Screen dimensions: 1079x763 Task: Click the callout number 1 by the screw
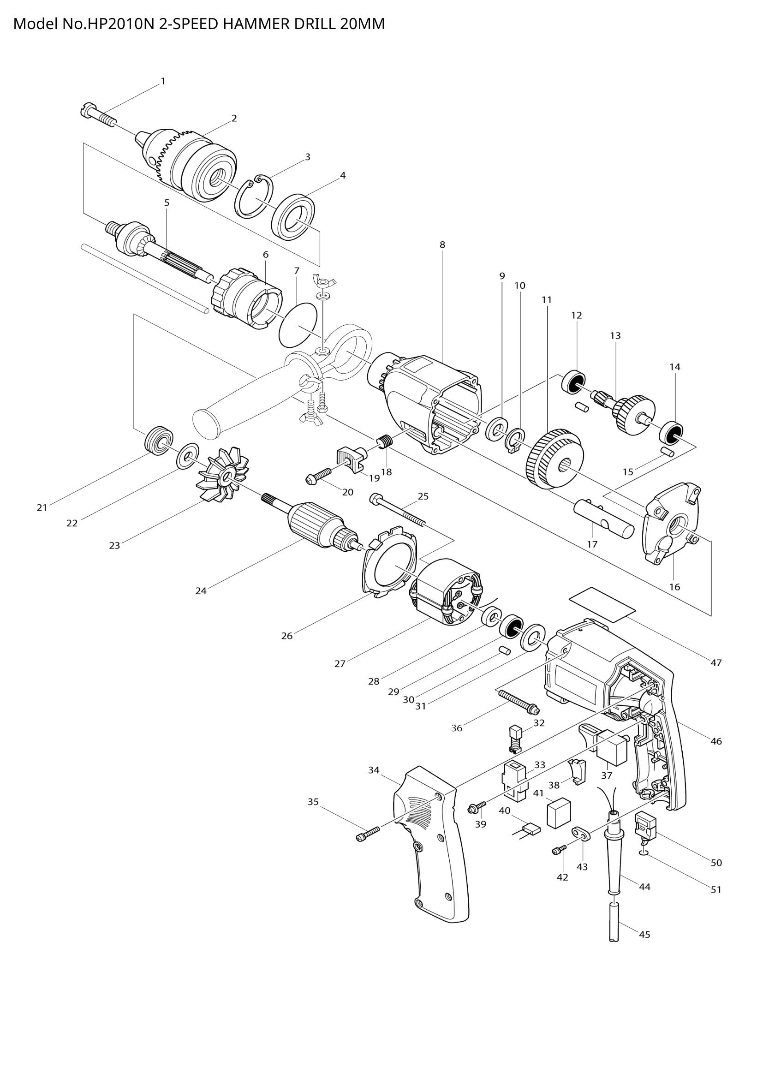click(163, 81)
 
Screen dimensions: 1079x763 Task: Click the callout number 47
click(715, 663)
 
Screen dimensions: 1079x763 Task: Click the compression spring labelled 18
click(384, 442)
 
